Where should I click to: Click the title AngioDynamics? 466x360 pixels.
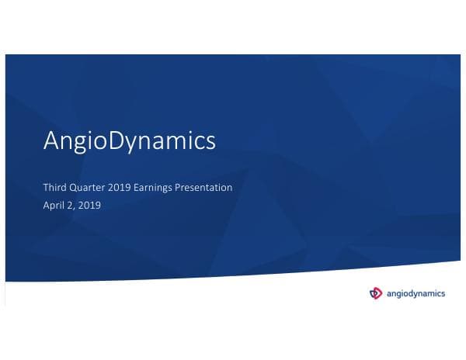pyautogui.click(x=129, y=142)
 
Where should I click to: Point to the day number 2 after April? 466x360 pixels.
pyautogui.click(x=70, y=206)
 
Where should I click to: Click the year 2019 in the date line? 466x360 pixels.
pyautogui.click(x=89, y=206)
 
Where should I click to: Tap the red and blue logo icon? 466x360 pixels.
pyautogui.click(x=376, y=292)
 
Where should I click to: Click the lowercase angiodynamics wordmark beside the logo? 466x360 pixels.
pyautogui.click(x=416, y=292)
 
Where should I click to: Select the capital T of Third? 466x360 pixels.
pyautogui.click(x=46, y=188)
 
